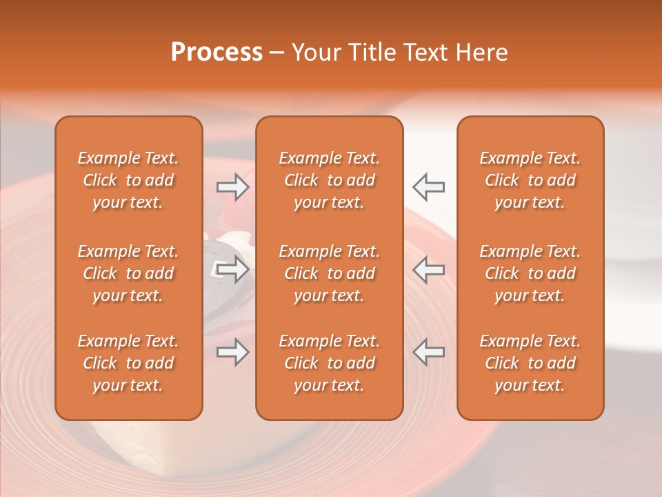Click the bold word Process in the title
217,52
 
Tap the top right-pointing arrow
233,187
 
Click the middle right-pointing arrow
233,269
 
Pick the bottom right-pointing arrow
233,352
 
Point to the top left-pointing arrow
428,187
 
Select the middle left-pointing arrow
428,269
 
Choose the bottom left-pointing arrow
428,352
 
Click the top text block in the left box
128,180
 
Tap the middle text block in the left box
128,273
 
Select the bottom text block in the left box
128,363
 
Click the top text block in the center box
329,180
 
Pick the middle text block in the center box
329,273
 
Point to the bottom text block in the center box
329,363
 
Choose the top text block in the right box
530,180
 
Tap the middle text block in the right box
530,273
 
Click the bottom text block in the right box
530,363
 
